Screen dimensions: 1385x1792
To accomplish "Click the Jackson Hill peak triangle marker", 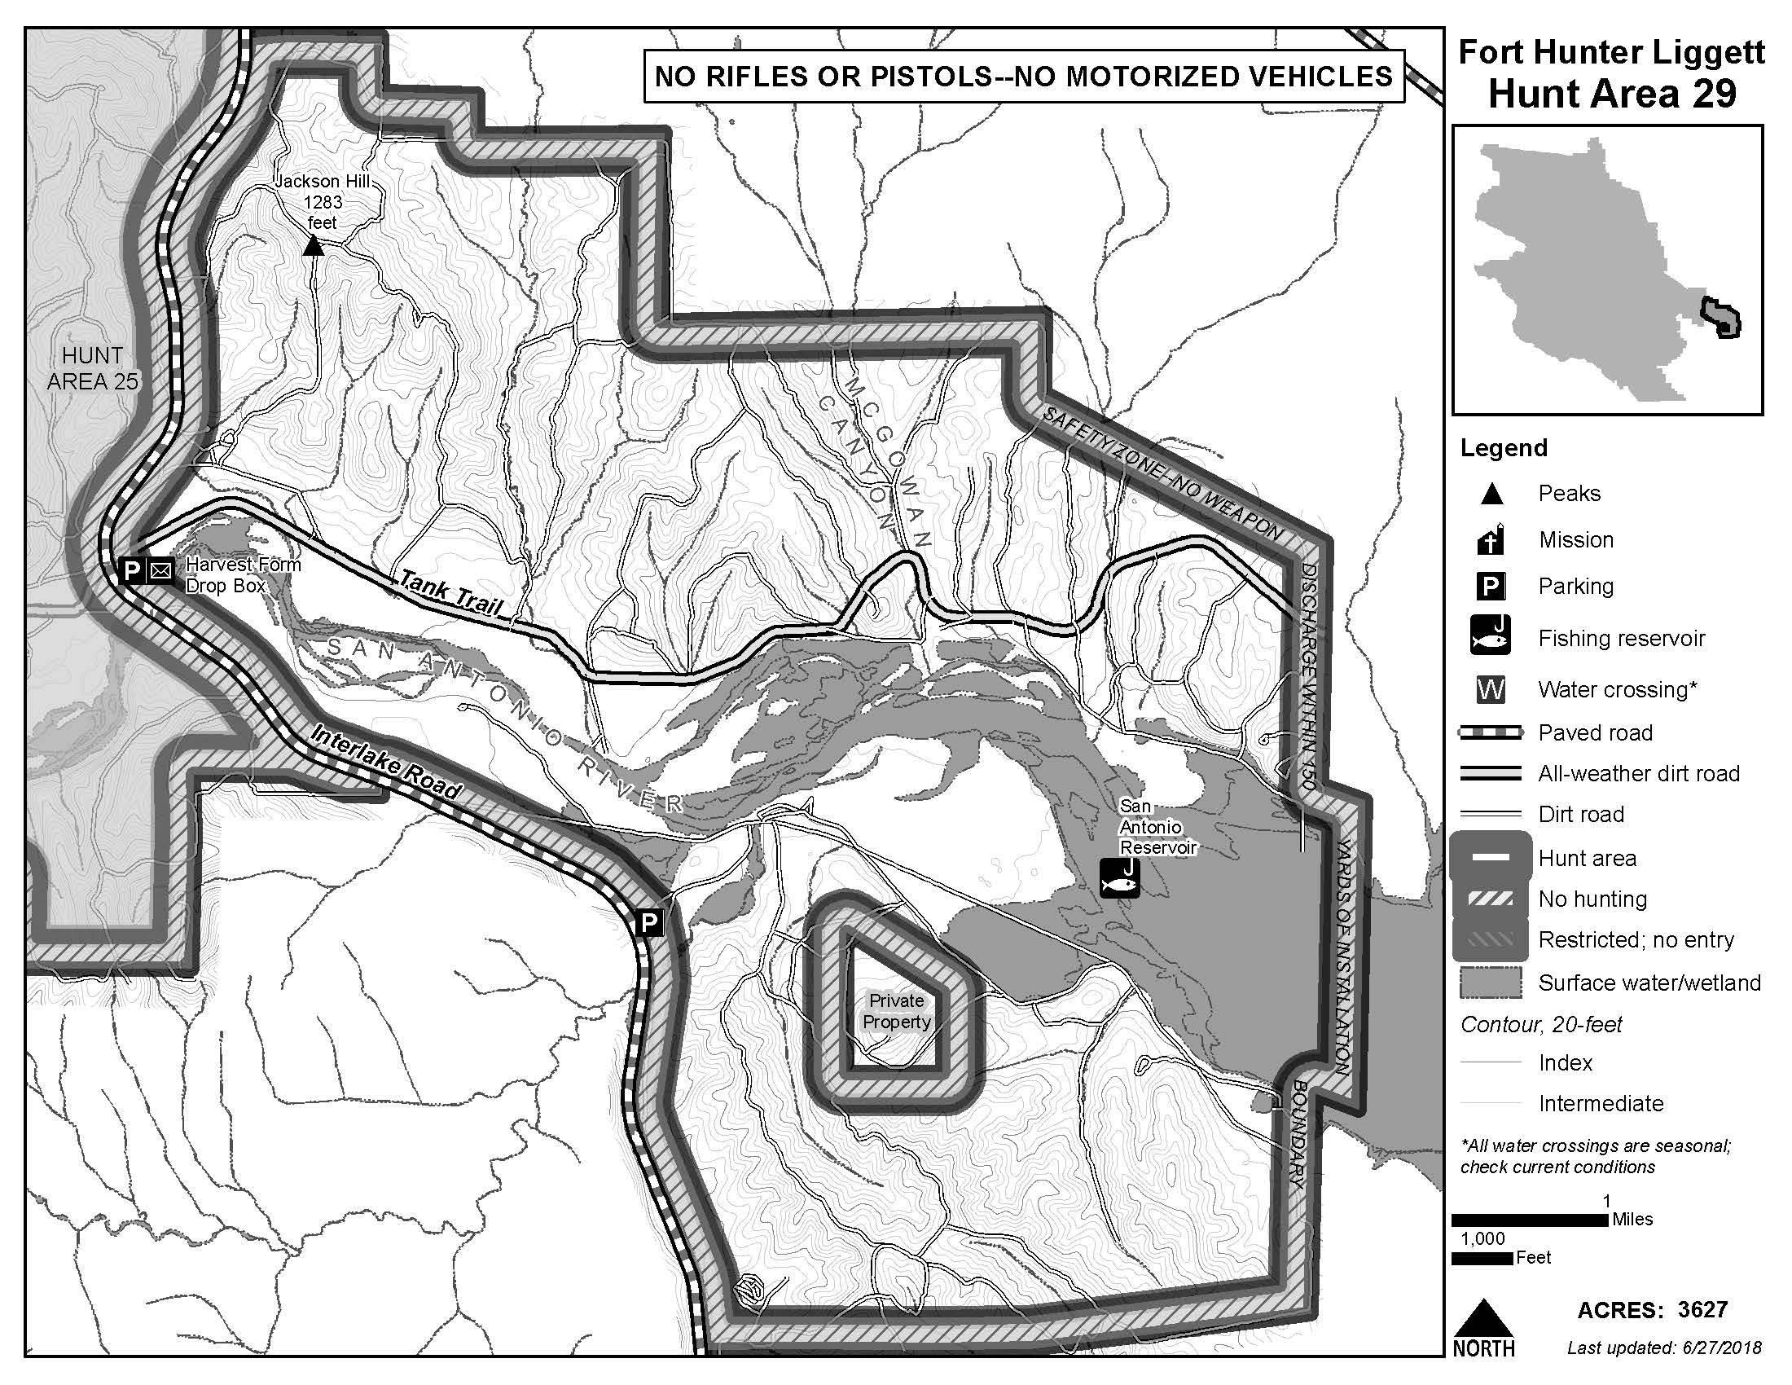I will tap(313, 245).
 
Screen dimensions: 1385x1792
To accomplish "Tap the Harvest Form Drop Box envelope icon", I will tap(160, 569).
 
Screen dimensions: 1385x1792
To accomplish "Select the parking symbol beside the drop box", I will tap(131, 569).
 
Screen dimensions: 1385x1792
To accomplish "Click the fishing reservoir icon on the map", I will tap(1120, 877).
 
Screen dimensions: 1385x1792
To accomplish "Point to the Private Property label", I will tap(896, 1011).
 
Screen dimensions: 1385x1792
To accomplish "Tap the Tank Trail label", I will tap(449, 594).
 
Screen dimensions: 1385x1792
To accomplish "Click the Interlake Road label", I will tap(384, 762).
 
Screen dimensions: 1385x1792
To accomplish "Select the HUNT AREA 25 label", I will tap(92, 367).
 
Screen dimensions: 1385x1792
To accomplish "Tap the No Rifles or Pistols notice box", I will tap(1023, 77).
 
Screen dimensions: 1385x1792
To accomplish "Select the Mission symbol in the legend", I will tap(1491, 539).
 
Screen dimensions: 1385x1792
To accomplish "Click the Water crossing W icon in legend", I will tap(1490, 689).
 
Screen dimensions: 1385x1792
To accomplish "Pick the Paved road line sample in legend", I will tap(1490, 732).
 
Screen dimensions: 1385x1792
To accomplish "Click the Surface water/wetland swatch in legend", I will tap(1490, 983).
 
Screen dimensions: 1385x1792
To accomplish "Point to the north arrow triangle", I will tap(1482, 1319).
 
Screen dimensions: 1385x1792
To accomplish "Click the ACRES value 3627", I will tap(1702, 1309).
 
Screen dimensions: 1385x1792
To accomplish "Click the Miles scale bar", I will tap(1530, 1220).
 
